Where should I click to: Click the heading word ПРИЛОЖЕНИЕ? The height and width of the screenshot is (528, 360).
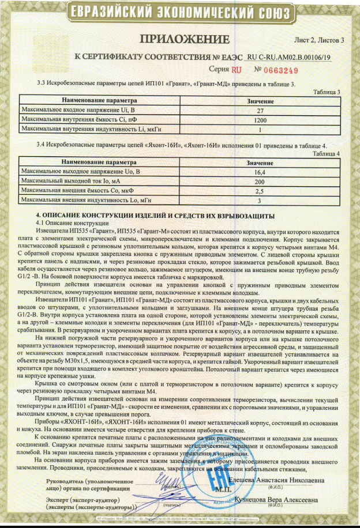coord(185,39)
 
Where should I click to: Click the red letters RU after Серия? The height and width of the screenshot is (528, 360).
coord(236,71)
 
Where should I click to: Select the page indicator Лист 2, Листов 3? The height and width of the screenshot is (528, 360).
coord(318,40)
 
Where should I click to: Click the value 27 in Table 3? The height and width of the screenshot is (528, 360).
coord(259,110)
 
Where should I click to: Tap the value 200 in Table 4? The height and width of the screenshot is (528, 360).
coord(259,181)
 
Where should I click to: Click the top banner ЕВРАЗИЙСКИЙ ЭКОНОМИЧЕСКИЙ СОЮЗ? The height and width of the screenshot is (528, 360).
coord(179,12)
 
